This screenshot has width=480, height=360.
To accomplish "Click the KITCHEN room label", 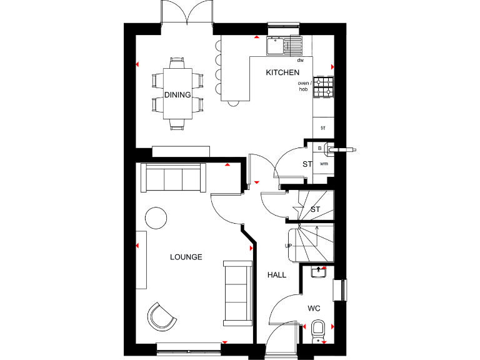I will coord(282,72).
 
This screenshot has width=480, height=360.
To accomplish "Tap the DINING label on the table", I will coord(177,94).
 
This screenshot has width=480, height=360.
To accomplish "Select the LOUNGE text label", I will coord(186,257).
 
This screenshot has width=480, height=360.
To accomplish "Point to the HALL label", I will coord(277,275).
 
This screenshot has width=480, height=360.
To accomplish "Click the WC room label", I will coord(314,309).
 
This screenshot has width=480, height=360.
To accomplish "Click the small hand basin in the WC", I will coord(319,271).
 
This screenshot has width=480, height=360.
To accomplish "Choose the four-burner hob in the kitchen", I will coord(324,87).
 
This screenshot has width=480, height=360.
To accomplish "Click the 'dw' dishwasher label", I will coord(300,61).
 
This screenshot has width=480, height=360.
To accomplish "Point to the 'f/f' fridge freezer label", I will coord(323,128).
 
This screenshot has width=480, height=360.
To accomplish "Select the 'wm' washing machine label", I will coord(324,163).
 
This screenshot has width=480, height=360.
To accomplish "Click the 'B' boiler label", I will coord(320,149).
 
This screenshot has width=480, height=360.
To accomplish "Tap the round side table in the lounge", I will coord(156,217).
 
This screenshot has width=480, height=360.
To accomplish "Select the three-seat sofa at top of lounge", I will coord(173,178).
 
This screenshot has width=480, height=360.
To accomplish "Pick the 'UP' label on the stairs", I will coord(289,246).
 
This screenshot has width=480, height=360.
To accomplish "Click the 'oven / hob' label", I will coord(303,86).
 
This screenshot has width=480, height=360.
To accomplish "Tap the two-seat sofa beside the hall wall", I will coord(237,292).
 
